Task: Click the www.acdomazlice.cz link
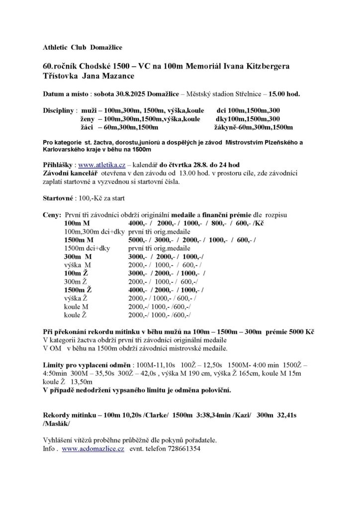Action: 93,448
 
